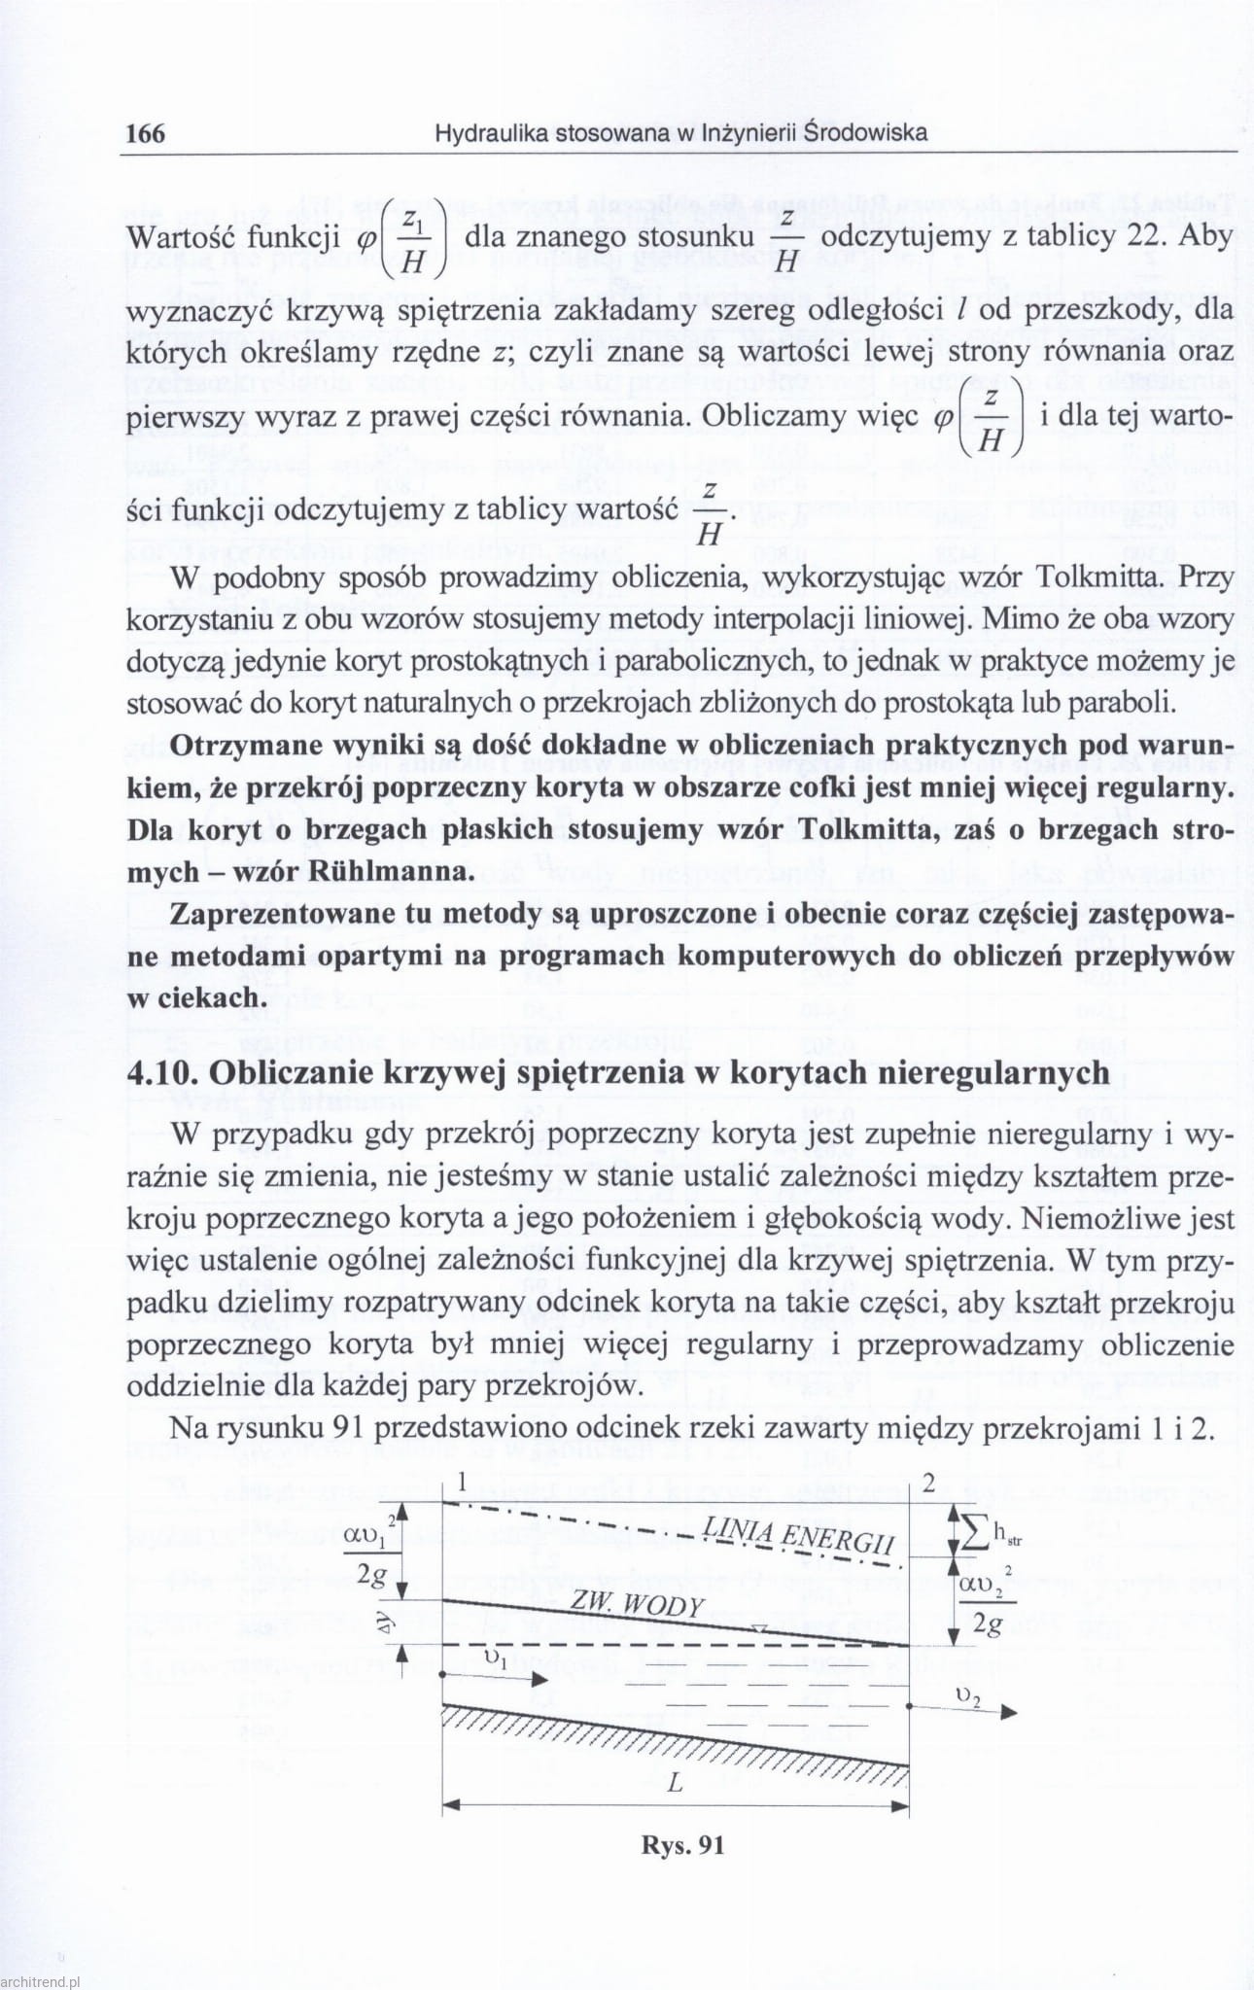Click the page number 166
pyautogui.click(x=146, y=133)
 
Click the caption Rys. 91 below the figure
pyautogui.click(x=682, y=1844)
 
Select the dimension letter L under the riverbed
pyautogui.click(x=675, y=1784)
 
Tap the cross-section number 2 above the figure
pyautogui.click(x=928, y=1484)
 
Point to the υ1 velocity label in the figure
pyautogui.click(x=495, y=1656)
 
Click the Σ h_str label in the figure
pyautogui.click(x=990, y=1533)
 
